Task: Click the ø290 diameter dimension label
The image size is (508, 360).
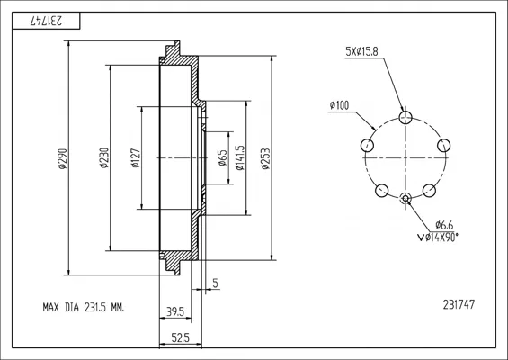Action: pyautogui.click(x=63, y=158)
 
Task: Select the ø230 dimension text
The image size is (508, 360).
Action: pyautogui.click(x=104, y=157)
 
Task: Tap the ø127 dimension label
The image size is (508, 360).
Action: pyautogui.click(x=136, y=157)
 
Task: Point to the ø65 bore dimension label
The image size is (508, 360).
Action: pyautogui.click(x=222, y=157)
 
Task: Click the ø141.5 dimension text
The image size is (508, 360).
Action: pyautogui.click(x=240, y=157)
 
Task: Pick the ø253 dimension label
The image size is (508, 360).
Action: pyautogui.click(x=265, y=158)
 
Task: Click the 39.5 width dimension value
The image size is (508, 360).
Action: pyautogui.click(x=175, y=311)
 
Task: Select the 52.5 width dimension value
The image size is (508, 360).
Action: pyautogui.click(x=180, y=338)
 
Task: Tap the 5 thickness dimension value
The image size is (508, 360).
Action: pyautogui.click(x=216, y=283)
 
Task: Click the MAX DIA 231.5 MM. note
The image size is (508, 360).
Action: pyautogui.click(x=84, y=307)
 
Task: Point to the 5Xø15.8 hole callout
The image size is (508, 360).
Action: pyautogui.click(x=361, y=51)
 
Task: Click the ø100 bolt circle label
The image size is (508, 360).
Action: pyautogui.click(x=339, y=105)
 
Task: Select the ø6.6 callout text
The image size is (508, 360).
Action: pyautogui.click(x=444, y=225)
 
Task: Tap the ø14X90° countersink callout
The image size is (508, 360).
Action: pyautogui.click(x=438, y=238)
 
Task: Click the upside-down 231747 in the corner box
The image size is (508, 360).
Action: pyautogui.click(x=46, y=21)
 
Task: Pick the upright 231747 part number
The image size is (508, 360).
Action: pyautogui.click(x=459, y=304)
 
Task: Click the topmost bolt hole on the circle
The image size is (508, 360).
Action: pyautogui.click(x=406, y=117)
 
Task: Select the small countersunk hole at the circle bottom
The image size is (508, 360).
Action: pyautogui.click(x=406, y=198)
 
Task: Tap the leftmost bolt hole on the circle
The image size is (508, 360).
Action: pyautogui.click(x=367, y=145)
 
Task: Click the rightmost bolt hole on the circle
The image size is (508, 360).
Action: pyautogui.click(x=443, y=145)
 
